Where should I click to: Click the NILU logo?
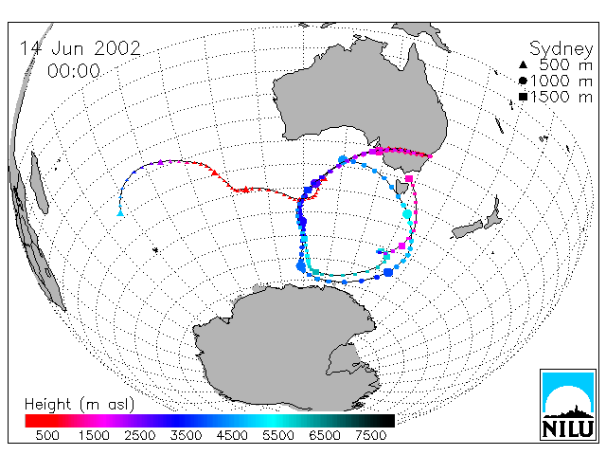click(x=568, y=405)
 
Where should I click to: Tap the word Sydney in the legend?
click(x=561, y=49)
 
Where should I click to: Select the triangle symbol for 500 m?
click(x=523, y=64)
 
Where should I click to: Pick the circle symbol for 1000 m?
click(x=523, y=81)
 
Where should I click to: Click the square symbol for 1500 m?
click(x=523, y=97)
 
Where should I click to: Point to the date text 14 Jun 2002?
click(x=80, y=48)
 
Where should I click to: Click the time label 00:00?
click(x=74, y=71)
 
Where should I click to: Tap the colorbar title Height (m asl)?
click(x=80, y=405)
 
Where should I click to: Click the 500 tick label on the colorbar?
click(x=47, y=435)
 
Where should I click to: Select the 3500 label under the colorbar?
click(x=186, y=435)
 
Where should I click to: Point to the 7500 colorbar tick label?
click(x=370, y=435)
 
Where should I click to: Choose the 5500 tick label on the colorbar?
click(x=278, y=435)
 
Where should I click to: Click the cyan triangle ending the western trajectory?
click(x=120, y=212)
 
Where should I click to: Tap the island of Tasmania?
click(x=401, y=187)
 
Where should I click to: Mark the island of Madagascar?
click(x=39, y=183)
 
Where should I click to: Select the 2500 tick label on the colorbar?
click(x=139, y=435)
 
